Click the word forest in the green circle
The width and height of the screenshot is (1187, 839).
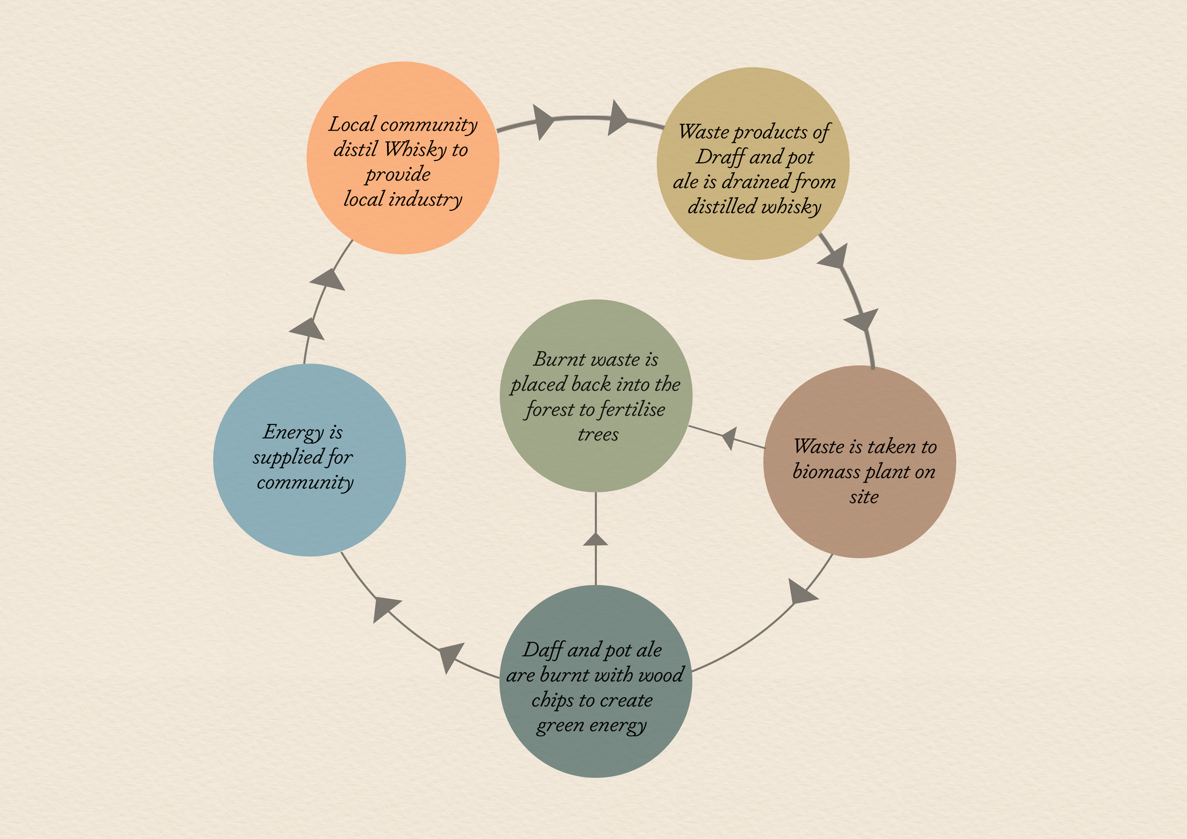click(x=549, y=410)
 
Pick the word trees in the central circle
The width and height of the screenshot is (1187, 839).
click(x=598, y=435)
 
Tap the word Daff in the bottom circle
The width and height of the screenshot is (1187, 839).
click(x=542, y=650)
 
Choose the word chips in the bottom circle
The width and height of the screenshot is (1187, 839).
click(x=553, y=700)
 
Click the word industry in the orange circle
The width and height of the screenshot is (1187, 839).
click(x=425, y=199)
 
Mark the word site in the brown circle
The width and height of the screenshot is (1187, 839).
click(x=864, y=497)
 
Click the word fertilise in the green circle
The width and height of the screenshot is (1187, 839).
click(x=633, y=410)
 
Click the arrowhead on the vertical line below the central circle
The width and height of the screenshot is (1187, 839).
click(x=595, y=540)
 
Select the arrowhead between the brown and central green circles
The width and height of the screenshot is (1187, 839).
click(x=729, y=438)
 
